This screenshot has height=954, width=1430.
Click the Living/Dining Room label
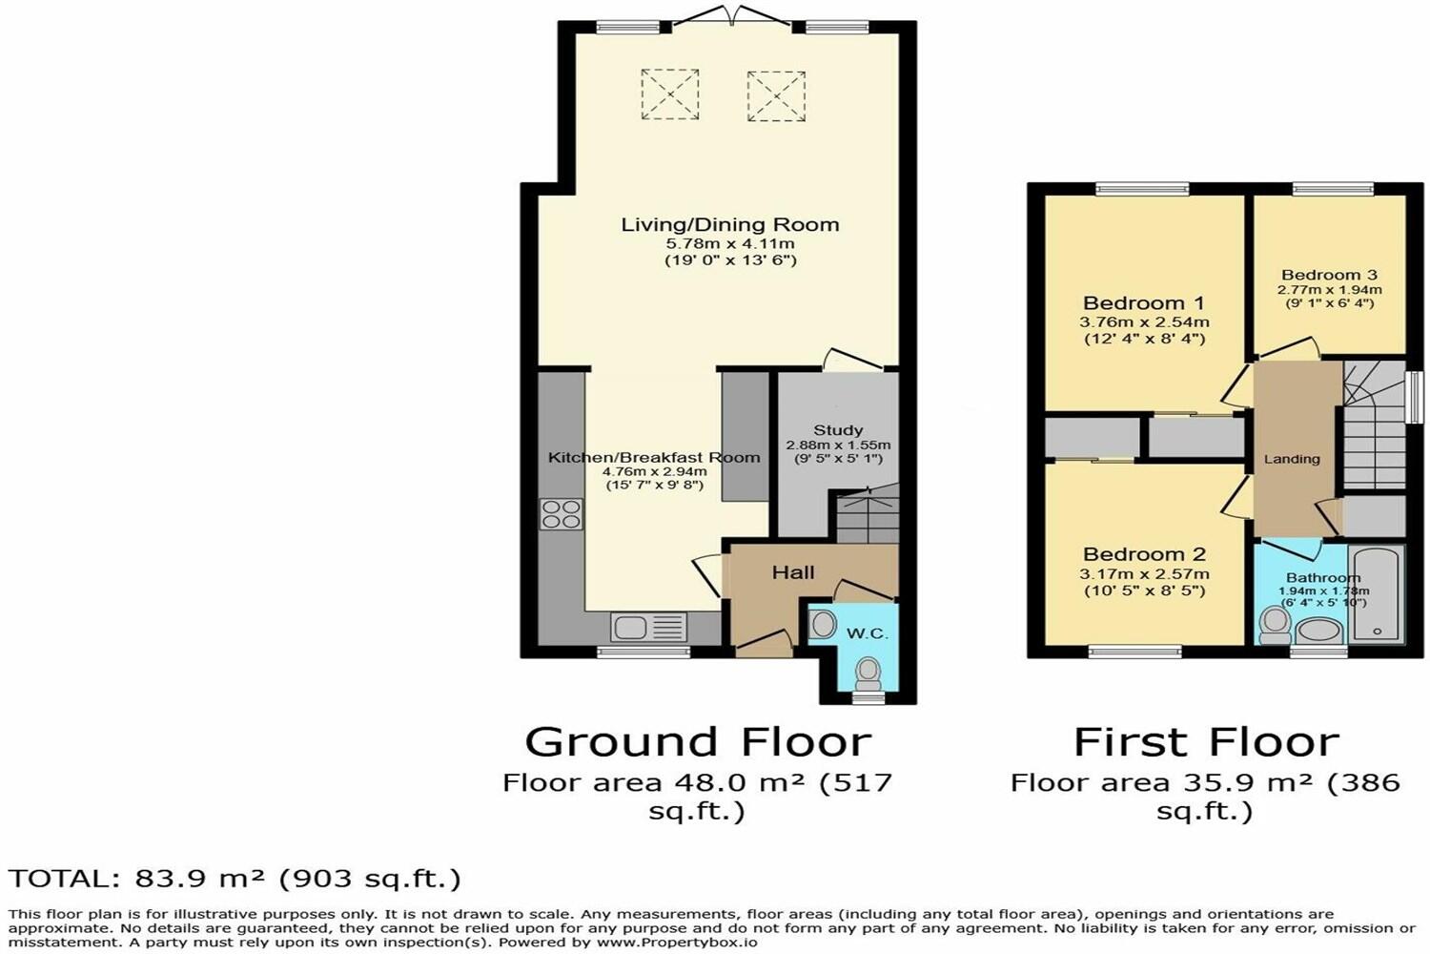[x=730, y=225]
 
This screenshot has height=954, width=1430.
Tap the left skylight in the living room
[x=669, y=93]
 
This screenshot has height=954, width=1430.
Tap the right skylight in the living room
[x=776, y=95]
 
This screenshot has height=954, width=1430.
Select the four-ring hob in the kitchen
[x=562, y=514]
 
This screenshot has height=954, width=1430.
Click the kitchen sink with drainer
[x=648, y=628]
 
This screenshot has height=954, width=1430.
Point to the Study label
[x=838, y=430]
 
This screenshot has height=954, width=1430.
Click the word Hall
[x=793, y=572]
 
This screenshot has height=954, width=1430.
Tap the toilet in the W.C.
[x=868, y=674]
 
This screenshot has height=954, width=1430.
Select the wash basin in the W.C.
[x=823, y=625]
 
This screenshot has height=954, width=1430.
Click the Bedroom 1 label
[x=1143, y=303]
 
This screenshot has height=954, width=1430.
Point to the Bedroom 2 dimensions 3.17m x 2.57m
[x=1144, y=574]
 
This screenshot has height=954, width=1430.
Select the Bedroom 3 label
[x=1329, y=275]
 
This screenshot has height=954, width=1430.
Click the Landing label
[x=1292, y=459]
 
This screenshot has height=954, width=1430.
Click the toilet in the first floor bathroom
[x=1274, y=626]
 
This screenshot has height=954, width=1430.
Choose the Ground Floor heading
[x=698, y=742]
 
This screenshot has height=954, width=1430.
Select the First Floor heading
[x=1206, y=742]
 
